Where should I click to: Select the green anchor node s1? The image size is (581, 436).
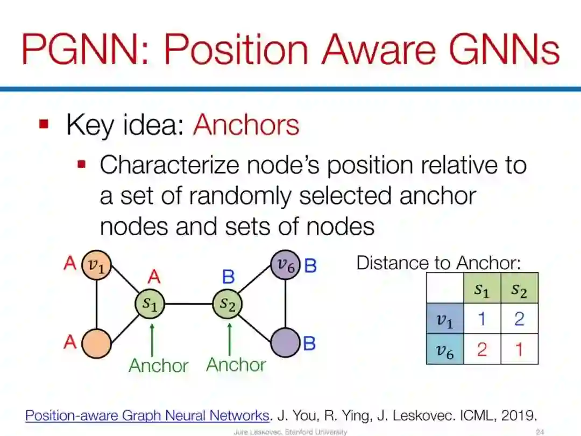tap(150, 304)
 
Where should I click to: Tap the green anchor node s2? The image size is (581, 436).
tap(228, 304)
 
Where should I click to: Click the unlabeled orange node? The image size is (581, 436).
tap(97, 343)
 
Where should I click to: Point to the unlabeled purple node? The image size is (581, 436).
tap(285, 343)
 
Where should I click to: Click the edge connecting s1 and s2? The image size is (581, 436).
tap(189, 304)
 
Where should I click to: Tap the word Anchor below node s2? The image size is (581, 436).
tap(236, 365)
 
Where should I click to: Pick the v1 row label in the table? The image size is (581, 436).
tap(445, 319)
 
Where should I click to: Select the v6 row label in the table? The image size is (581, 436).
tap(445, 350)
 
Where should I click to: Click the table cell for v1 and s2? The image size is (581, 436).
tap(519, 319)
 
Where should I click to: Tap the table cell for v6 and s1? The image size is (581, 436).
tap(482, 350)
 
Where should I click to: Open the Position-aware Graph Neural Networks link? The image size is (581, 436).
tap(147, 415)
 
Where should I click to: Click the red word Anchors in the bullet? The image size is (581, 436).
tap(246, 125)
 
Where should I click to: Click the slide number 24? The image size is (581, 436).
tap(540, 432)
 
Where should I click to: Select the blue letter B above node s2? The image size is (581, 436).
tap(229, 277)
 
